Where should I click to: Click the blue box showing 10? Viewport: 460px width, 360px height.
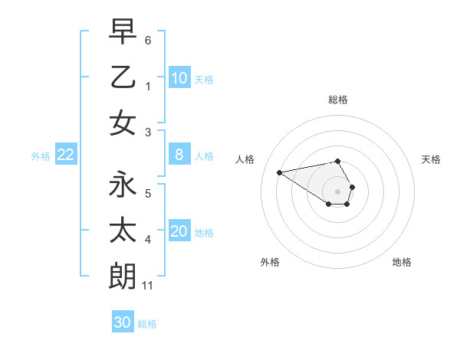[x=179, y=78]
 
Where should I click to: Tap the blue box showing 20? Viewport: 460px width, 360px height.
[x=179, y=232]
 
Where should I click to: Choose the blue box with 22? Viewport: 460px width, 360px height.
[x=65, y=155]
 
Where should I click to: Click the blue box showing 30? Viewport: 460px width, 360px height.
[x=123, y=322]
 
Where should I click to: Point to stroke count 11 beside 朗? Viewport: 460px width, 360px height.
[x=148, y=286]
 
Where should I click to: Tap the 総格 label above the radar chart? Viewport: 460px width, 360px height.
[x=338, y=100]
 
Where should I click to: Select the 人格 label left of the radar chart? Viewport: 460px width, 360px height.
[x=245, y=159]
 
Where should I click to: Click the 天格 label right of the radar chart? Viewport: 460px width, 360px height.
[x=431, y=159]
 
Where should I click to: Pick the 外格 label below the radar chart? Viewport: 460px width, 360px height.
[x=270, y=262]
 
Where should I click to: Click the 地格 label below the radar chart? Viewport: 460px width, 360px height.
[x=402, y=262]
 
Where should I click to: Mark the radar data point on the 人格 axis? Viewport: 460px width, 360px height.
[x=280, y=172]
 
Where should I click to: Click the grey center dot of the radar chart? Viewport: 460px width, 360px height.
[x=338, y=191]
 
